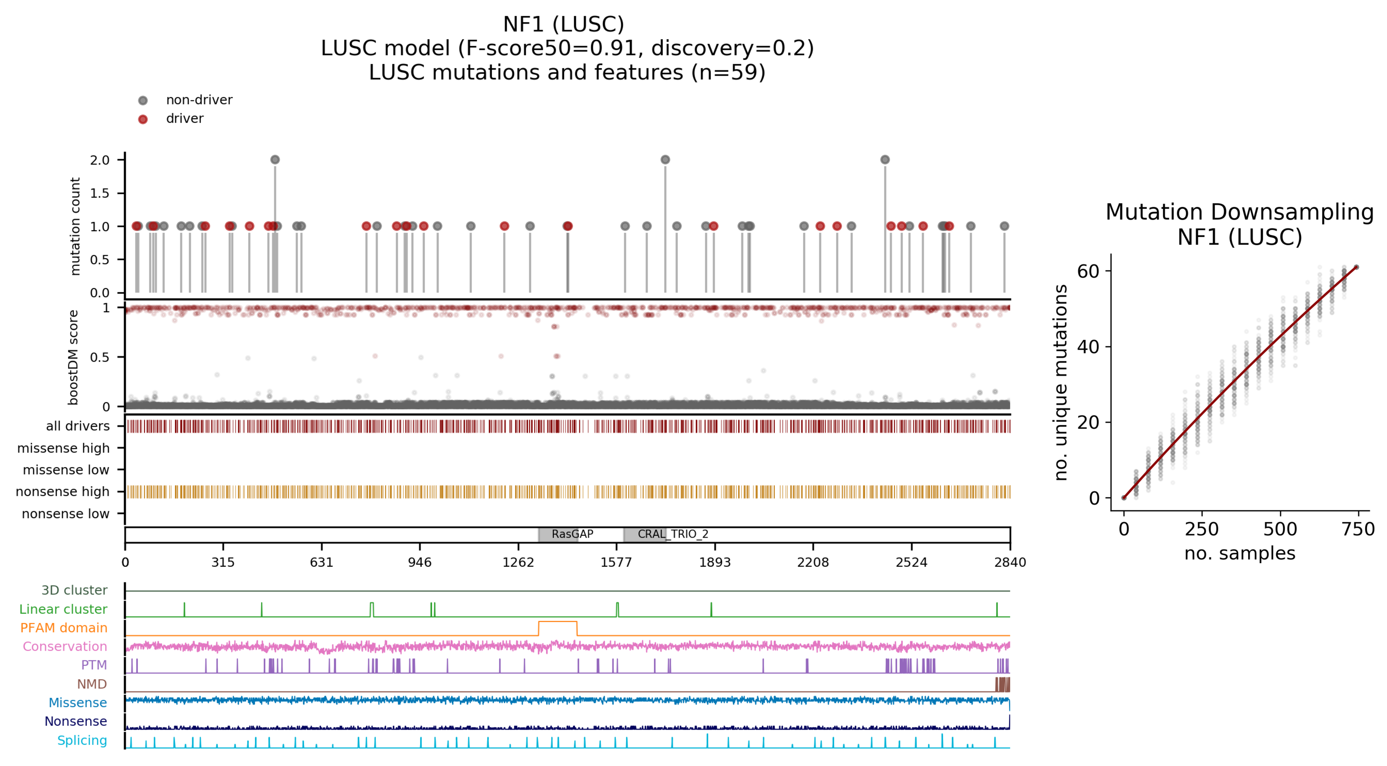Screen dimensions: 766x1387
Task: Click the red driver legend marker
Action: tap(143, 119)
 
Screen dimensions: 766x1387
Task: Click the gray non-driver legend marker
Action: tap(143, 101)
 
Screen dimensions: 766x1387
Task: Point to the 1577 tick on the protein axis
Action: tap(616, 562)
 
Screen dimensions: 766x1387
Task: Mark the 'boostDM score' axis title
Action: tap(73, 357)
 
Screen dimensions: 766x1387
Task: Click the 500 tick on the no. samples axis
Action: tap(1280, 529)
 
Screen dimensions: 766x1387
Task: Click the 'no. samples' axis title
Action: tap(1239, 553)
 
